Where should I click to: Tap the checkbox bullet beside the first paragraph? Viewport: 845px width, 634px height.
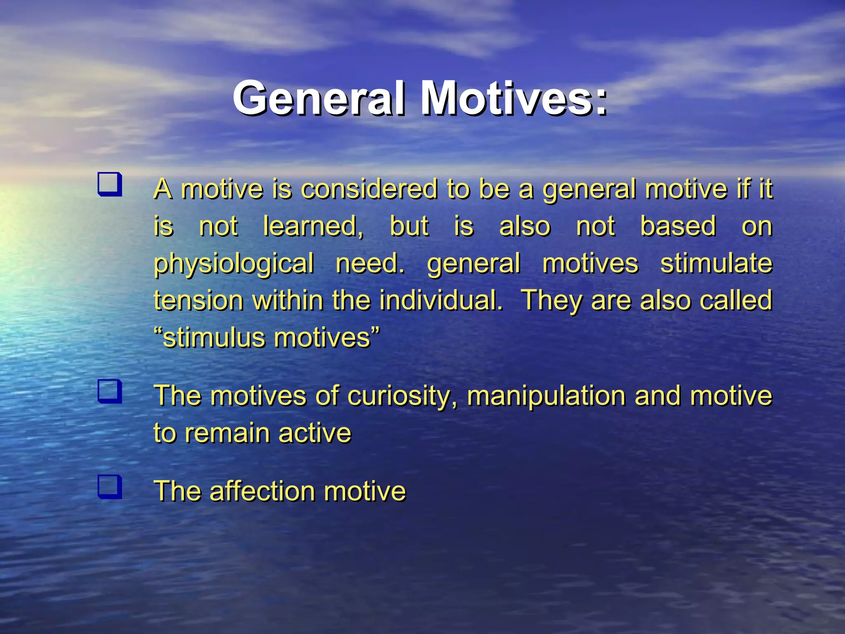pyautogui.click(x=110, y=184)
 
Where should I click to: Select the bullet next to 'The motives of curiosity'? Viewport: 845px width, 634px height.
pyautogui.click(x=110, y=391)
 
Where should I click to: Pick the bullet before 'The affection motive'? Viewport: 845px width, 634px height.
pyautogui.click(x=110, y=487)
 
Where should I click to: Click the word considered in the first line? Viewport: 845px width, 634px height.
pyautogui.click(x=369, y=189)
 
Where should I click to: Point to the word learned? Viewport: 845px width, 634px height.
pyautogui.click(x=313, y=226)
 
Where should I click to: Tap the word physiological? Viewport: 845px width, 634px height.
pyautogui.click(x=234, y=264)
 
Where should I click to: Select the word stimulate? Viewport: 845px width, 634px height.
pyautogui.click(x=716, y=263)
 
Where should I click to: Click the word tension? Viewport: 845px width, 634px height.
pyautogui.click(x=198, y=300)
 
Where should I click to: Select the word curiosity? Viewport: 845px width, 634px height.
pyautogui.click(x=403, y=396)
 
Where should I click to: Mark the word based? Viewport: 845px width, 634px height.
pyautogui.click(x=678, y=226)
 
